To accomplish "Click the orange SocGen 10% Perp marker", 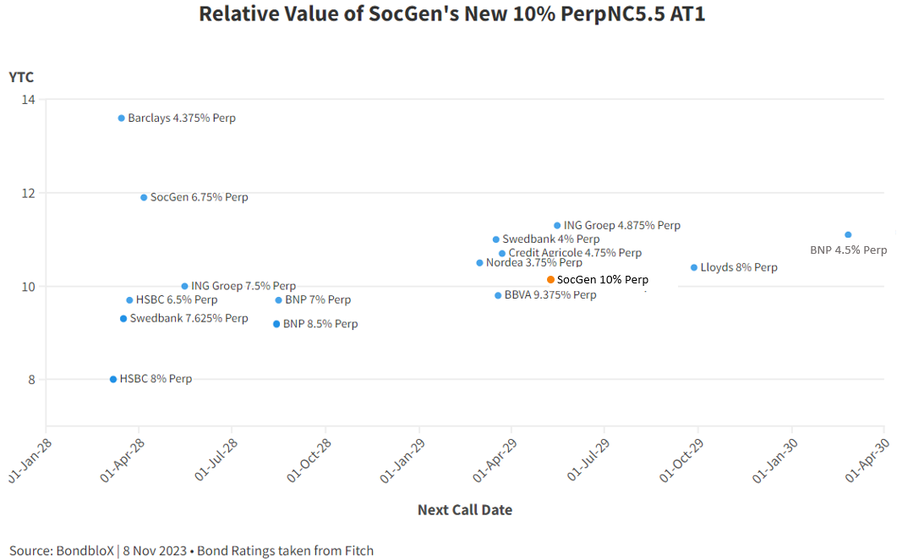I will (550, 279).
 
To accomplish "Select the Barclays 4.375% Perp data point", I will (121, 118).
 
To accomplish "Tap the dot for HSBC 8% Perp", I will (113, 379).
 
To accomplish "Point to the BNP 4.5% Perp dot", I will (848, 235).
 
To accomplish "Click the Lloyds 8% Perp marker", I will (694, 267).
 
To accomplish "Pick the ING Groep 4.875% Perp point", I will (557, 226).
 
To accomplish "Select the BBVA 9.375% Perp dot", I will (498, 295).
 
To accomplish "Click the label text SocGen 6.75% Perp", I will (199, 198).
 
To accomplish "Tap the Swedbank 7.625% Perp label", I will (189, 319).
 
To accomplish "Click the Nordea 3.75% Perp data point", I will (479, 263).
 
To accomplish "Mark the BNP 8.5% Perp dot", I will (276, 324).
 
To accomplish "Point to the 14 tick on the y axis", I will (29, 100).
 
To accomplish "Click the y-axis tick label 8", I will (32, 380).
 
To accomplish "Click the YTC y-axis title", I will (21, 78).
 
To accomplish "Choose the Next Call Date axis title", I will (464, 510).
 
